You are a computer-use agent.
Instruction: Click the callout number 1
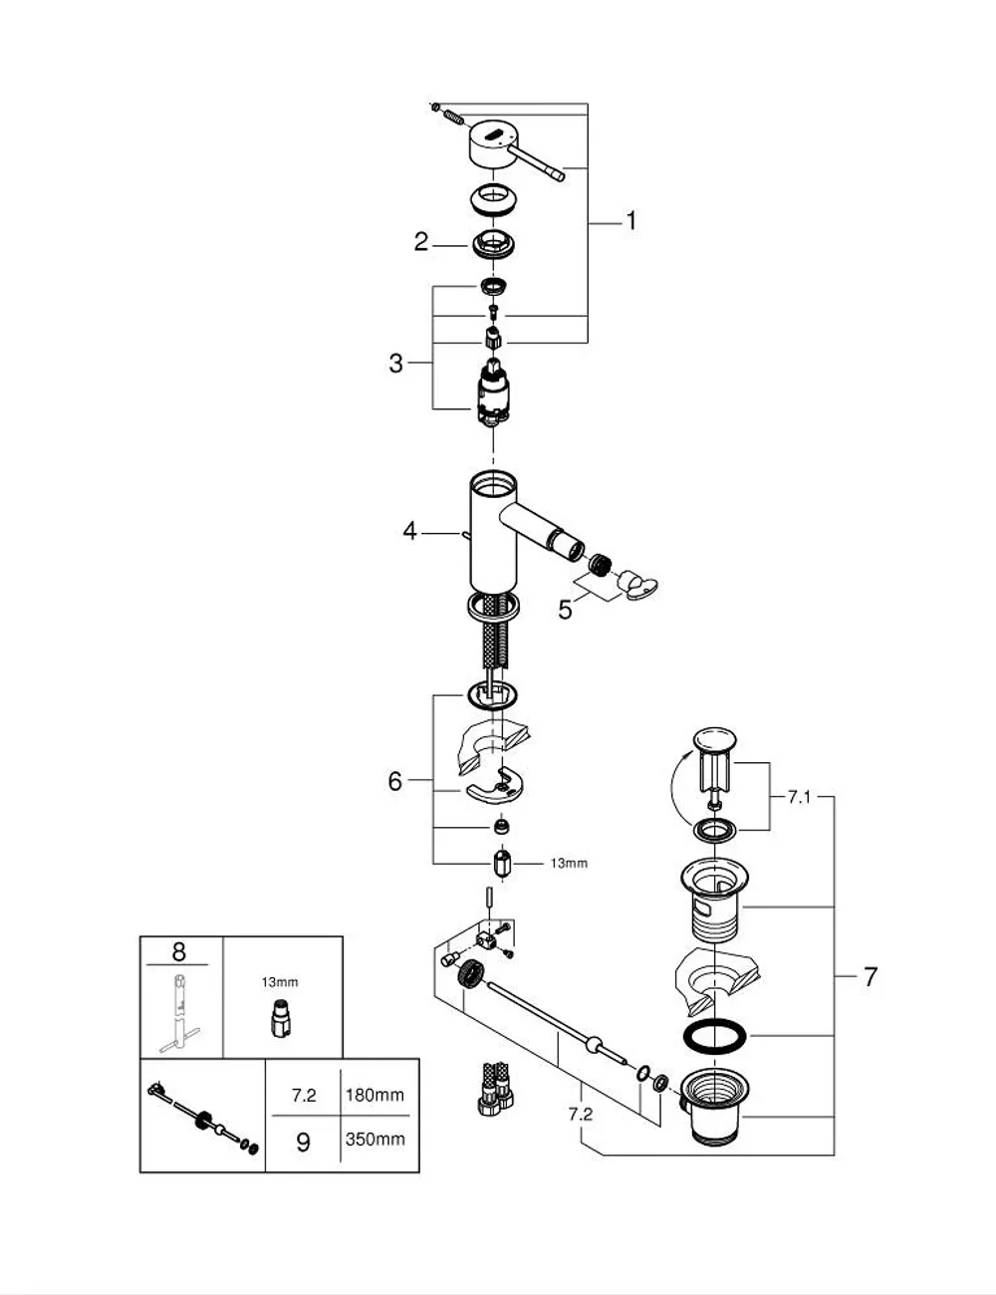(630, 221)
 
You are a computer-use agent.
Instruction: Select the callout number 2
(421, 242)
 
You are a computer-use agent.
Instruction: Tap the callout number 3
(396, 363)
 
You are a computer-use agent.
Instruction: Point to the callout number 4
(409, 530)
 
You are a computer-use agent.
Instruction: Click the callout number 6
(395, 781)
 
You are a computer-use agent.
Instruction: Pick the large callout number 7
(870, 977)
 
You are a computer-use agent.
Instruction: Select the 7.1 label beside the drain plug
(800, 797)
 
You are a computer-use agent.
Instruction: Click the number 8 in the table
(178, 951)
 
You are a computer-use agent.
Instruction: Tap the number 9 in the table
(303, 1142)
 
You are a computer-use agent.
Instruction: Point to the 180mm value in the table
(374, 1095)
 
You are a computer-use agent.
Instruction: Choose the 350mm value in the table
(375, 1139)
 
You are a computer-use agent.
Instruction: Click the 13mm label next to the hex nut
(569, 863)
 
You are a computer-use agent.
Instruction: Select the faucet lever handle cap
(494, 144)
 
